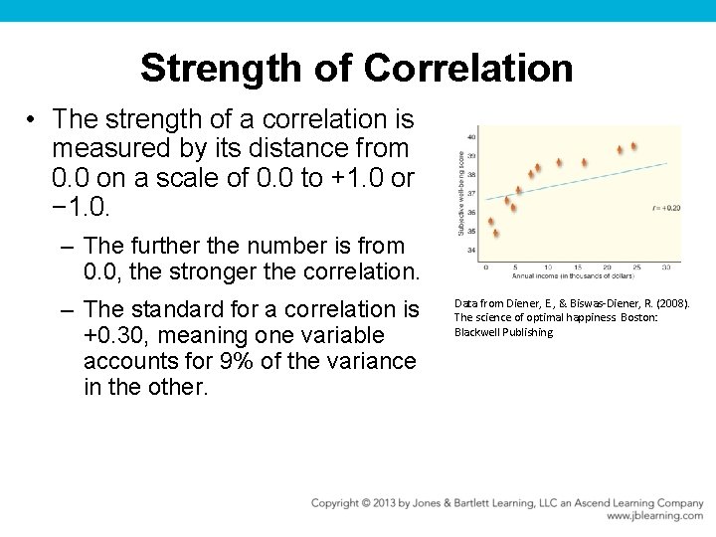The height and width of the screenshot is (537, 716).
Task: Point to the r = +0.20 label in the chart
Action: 666,208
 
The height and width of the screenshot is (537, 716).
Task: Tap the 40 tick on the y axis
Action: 470,136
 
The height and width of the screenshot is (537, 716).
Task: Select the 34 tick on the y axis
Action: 470,250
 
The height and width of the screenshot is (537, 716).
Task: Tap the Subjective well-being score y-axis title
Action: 460,194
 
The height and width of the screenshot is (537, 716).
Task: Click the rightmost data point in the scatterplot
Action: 633,146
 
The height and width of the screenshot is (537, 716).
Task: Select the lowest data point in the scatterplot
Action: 495,234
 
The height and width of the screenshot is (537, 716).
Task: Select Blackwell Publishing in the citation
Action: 503,332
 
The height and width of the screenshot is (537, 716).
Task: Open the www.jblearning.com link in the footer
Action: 654,516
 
